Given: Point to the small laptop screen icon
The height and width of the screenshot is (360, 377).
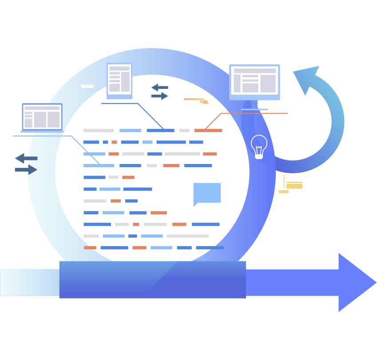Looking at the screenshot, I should [x=42, y=117].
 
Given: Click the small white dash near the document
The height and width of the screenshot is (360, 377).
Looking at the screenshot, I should [x=87, y=86].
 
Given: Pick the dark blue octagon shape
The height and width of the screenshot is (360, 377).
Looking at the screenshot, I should [x=160, y=94].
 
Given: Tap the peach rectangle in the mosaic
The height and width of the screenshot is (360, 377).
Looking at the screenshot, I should [x=210, y=217].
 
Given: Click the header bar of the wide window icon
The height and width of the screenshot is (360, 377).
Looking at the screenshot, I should [x=254, y=70].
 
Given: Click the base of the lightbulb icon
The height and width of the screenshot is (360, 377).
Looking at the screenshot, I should [x=259, y=156].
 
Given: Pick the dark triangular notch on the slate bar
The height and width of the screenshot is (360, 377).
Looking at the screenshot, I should [x=32, y=169].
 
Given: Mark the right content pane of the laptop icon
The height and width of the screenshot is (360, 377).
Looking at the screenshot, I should [x=53, y=120].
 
